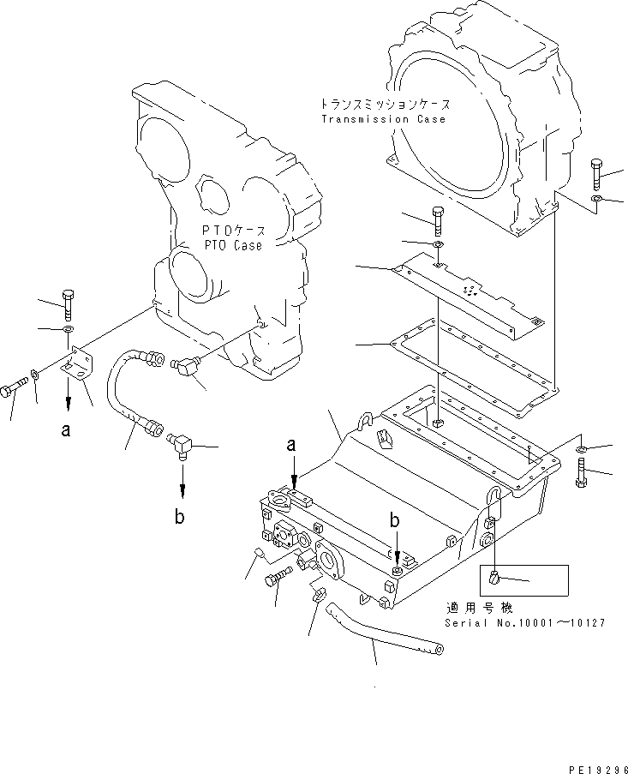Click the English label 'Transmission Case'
click(x=383, y=119)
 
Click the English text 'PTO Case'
click(x=233, y=245)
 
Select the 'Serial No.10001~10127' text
click(x=523, y=622)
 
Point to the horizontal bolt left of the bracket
click(x=15, y=390)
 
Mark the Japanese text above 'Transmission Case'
click(x=383, y=105)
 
